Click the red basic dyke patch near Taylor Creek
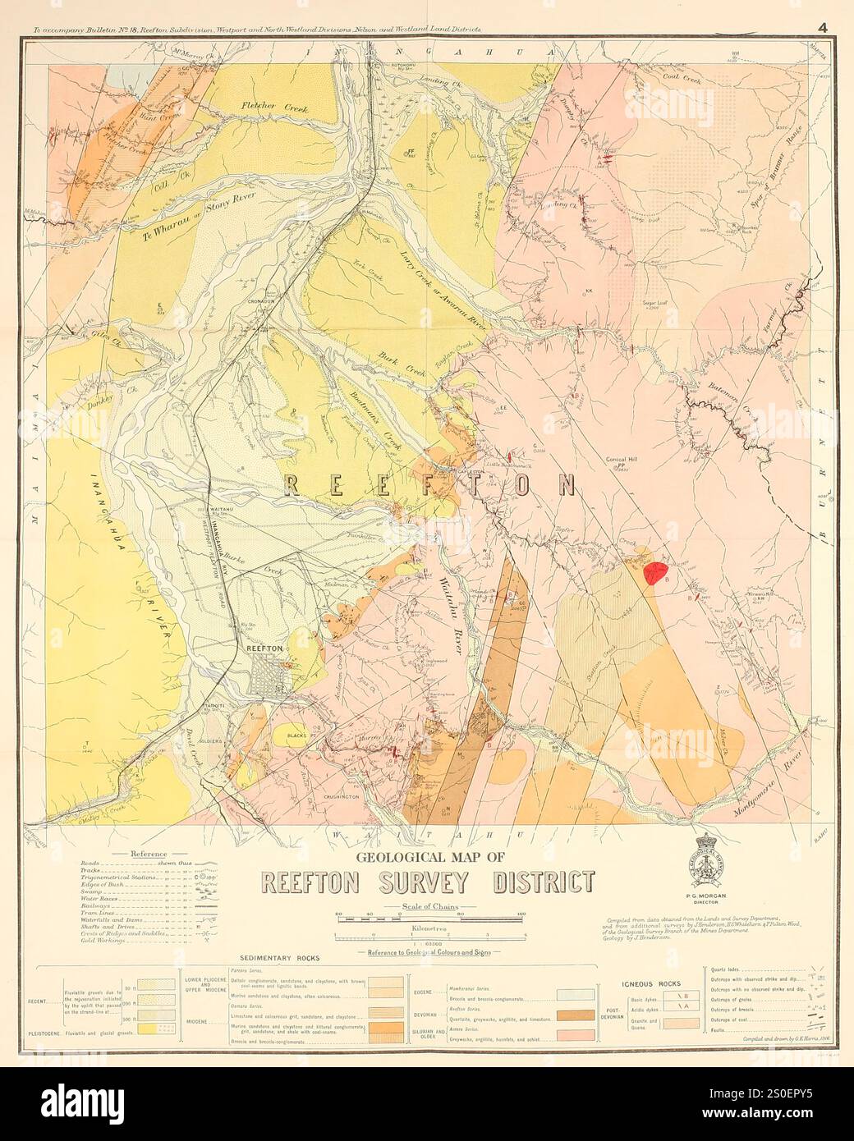[654, 571]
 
